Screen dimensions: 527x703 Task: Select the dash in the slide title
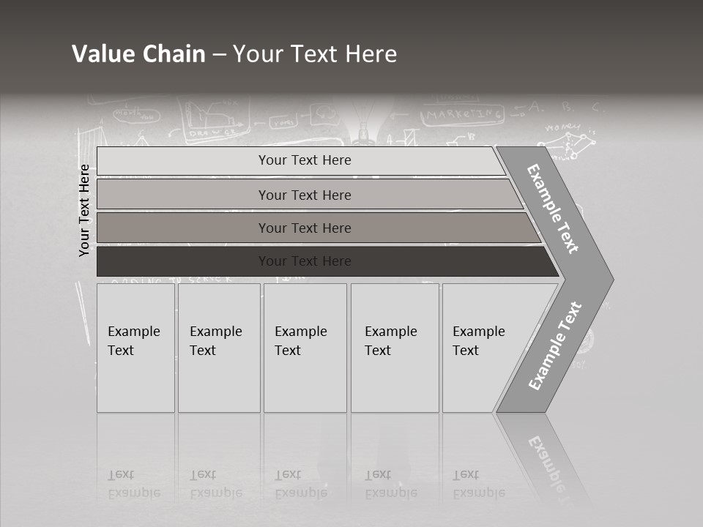click(x=219, y=55)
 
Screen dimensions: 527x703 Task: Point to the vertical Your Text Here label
click(x=84, y=210)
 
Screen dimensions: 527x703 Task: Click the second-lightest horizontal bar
click(x=305, y=195)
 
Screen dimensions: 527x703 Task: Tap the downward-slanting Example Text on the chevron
click(x=553, y=209)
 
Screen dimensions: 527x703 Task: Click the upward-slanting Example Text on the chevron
click(x=555, y=345)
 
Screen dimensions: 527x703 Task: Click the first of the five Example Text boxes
click(x=135, y=348)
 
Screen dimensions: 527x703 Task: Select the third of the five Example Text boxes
click(x=305, y=348)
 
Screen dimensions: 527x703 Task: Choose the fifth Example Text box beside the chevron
click(x=480, y=348)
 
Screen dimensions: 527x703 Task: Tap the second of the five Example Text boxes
click(x=218, y=348)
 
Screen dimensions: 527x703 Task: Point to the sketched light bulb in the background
click(x=364, y=124)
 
